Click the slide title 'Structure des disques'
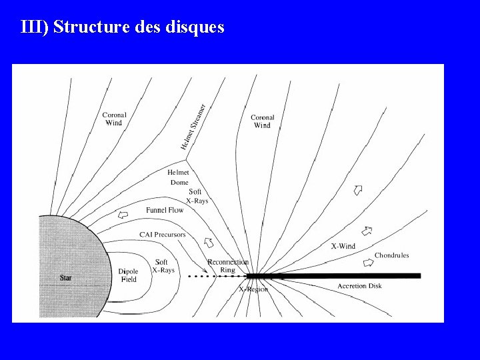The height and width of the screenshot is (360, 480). [x=123, y=27]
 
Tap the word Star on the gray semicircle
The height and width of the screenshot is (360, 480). [x=65, y=277]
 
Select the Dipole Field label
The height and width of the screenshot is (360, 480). [x=128, y=275]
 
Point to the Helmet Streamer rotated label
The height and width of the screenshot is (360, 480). [x=193, y=126]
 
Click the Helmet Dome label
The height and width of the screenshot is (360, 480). [x=178, y=177]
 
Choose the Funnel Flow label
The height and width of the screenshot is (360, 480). [x=165, y=211]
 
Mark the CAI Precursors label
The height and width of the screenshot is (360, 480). [x=162, y=235]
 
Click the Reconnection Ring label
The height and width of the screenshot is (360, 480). [x=228, y=266]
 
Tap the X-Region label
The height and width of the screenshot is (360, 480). [x=253, y=289]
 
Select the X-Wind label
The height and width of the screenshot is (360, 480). [x=343, y=246]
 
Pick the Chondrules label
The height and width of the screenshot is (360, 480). [x=391, y=255]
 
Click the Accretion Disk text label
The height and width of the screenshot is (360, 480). [x=359, y=286]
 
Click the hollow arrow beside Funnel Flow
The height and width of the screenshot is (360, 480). [x=122, y=215]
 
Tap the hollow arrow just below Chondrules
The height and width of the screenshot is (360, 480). [x=367, y=263]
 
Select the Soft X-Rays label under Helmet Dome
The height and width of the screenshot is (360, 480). [x=197, y=196]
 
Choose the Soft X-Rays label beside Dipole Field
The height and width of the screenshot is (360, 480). [x=163, y=266]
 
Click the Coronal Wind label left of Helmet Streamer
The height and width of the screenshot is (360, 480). [x=114, y=119]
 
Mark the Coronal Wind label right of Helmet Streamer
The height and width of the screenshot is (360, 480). [x=263, y=121]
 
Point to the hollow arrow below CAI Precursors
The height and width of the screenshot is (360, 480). [x=208, y=243]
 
